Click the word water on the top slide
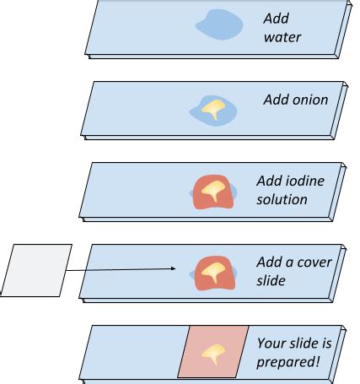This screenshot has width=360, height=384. [x=282, y=37]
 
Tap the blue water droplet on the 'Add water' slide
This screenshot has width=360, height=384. [x=219, y=24]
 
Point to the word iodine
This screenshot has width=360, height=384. [x=305, y=181]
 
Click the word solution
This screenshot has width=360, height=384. [x=282, y=199]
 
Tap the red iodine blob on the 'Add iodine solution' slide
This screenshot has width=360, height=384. [x=213, y=192]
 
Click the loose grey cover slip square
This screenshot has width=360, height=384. [x=35, y=270]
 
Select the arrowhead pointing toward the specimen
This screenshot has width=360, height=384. [x=173, y=268]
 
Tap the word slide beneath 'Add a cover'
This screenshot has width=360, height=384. [x=271, y=280]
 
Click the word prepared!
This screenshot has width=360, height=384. [x=288, y=362]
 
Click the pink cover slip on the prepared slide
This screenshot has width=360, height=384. [x=213, y=352]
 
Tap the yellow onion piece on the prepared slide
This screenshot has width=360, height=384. [x=213, y=354]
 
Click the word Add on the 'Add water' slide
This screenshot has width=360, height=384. [x=277, y=19]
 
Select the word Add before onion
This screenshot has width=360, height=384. [x=277, y=100]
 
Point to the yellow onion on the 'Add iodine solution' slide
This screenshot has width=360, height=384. [x=213, y=190]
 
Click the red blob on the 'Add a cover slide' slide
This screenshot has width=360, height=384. [x=215, y=273]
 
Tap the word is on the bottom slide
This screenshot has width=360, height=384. [x=325, y=343]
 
